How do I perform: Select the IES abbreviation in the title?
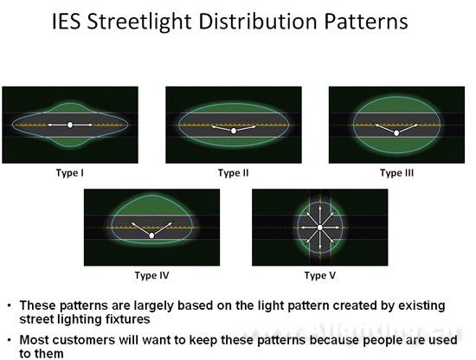(x=66, y=22)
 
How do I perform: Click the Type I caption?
(x=70, y=173)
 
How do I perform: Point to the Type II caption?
(x=233, y=173)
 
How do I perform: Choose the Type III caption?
(x=396, y=173)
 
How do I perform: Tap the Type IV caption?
(x=151, y=275)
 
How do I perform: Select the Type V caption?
(x=320, y=275)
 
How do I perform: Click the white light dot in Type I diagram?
(x=70, y=125)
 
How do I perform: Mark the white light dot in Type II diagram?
(x=234, y=131)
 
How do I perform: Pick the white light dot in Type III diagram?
(x=396, y=133)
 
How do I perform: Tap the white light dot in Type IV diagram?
(x=151, y=235)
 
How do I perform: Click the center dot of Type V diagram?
(x=319, y=228)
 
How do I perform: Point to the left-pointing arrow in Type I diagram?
(x=57, y=125)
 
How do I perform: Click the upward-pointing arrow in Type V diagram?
(x=319, y=215)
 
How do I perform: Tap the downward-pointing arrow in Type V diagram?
(x=319, y=241)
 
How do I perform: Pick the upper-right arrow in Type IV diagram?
(x=163, y=228)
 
